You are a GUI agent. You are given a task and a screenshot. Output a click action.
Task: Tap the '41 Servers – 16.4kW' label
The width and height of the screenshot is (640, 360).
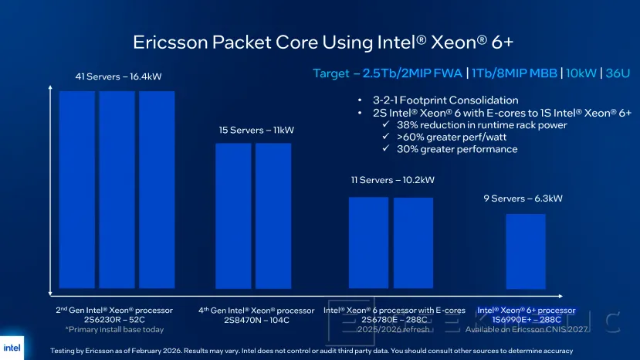click(118, 76)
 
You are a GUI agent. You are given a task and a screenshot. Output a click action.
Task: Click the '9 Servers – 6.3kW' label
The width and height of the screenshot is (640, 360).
click(523, 199)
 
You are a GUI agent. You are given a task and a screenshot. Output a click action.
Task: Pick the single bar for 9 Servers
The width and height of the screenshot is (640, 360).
click(525, 251)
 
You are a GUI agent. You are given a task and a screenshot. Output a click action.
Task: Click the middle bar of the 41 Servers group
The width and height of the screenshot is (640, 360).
click(117, 189)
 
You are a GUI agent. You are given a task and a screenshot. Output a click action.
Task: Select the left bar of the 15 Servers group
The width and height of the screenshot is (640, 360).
click(232, 216)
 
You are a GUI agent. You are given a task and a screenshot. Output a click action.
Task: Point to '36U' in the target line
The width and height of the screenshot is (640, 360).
click(617, 73)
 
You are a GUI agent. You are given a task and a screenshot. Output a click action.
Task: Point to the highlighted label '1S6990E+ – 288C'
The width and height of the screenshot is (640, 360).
click(524, 319)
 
